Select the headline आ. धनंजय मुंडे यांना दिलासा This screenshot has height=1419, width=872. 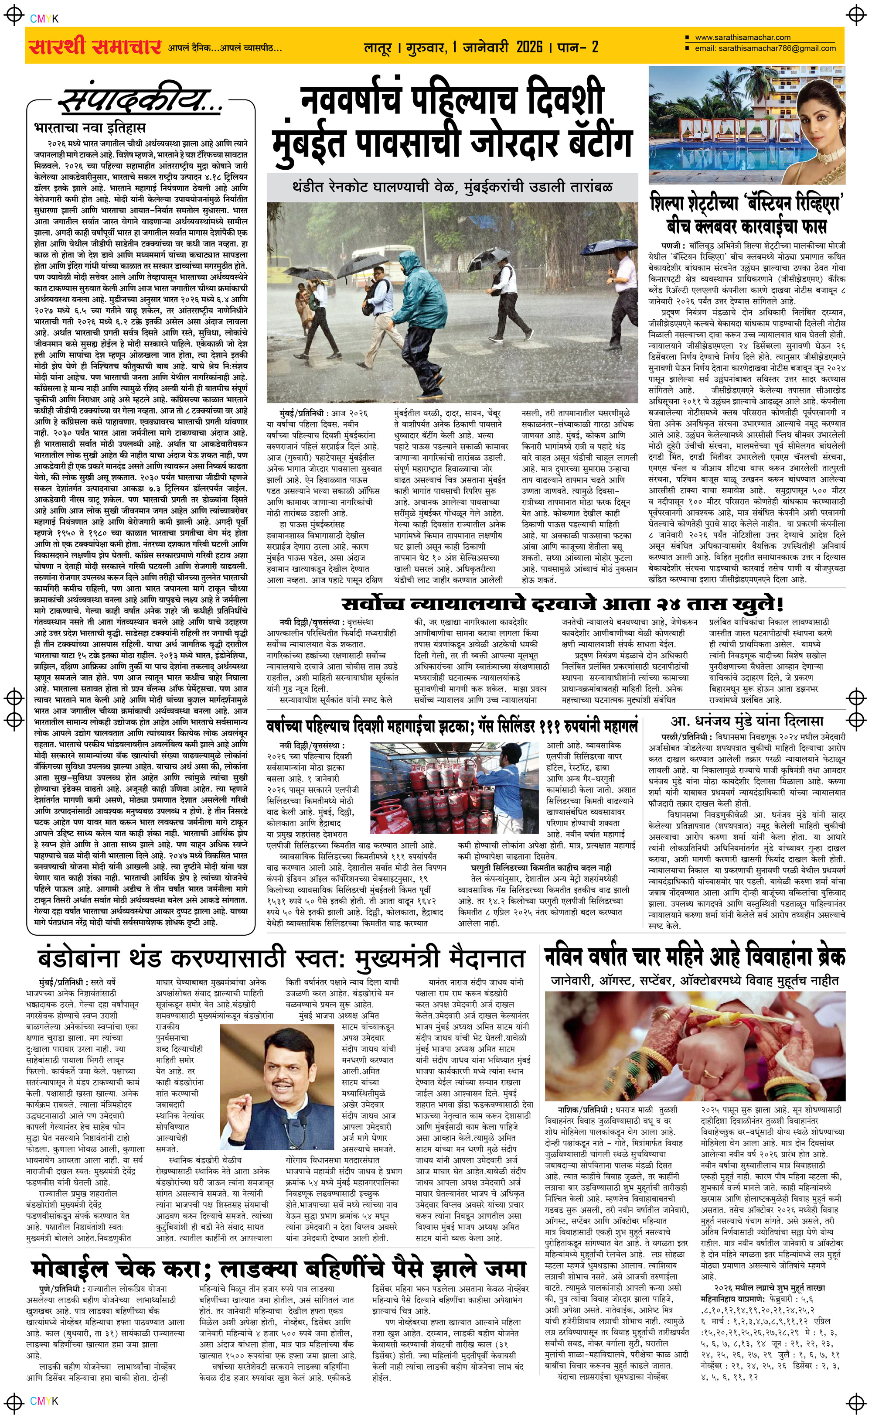(x=747, y=721)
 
